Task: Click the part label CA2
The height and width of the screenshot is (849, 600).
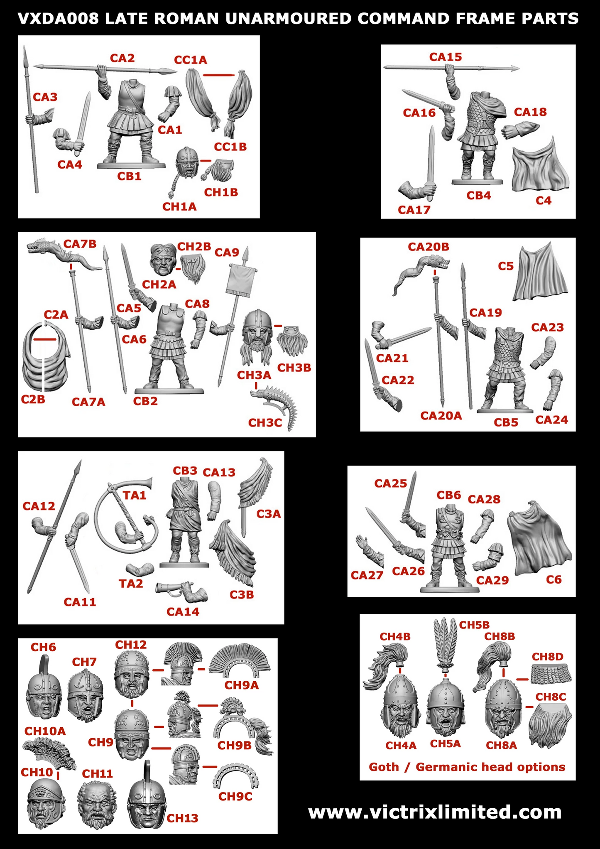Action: (122, 58)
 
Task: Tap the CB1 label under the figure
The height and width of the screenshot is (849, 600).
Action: (129, 176)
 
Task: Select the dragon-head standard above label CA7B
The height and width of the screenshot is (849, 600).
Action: (62, 254)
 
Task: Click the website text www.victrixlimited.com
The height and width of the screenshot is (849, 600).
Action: (435, 812)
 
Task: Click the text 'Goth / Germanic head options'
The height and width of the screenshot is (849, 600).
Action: (467, 767)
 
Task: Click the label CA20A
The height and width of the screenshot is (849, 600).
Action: (441, 415)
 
